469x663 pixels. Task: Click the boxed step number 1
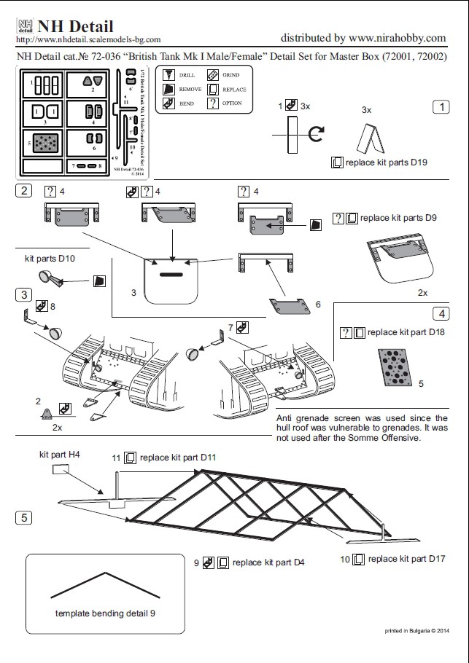[x=441, y=107]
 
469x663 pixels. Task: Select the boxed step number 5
[x=24, y=517]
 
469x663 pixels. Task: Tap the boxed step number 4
[x=441, y=314]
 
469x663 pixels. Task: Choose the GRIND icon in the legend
[x=212, y=75]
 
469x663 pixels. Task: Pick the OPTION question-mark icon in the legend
[x=212, y=103]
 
